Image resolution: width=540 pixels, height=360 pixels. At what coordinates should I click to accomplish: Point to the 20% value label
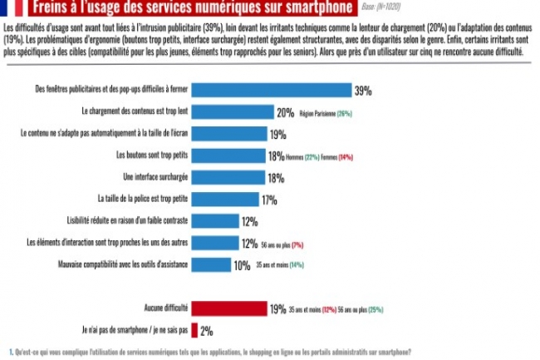[286, 112]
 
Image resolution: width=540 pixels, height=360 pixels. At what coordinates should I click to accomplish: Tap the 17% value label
[268, 200]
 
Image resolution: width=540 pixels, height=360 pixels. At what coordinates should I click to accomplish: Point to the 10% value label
[242, 266]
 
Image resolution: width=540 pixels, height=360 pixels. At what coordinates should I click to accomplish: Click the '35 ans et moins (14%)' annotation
[281, 266]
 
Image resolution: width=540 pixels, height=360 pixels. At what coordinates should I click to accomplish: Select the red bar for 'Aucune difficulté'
[229, 308]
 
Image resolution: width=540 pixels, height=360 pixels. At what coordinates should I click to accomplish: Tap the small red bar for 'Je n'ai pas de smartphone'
[195, 330]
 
